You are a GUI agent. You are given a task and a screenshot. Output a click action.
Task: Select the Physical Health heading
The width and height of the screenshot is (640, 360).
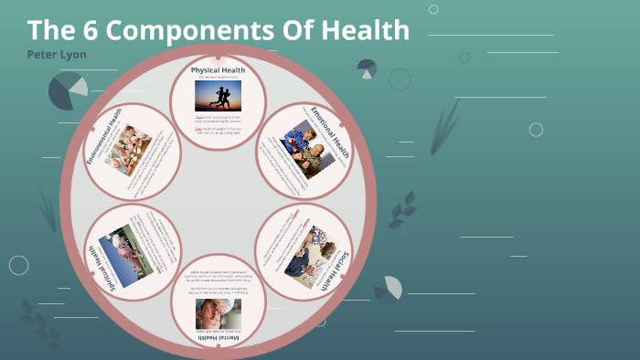coord(218,69)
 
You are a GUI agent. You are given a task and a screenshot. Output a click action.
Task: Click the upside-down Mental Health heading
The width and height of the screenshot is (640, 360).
coord(218,338)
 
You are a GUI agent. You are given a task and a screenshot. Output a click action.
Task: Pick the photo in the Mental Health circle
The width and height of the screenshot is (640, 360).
coord(219,313)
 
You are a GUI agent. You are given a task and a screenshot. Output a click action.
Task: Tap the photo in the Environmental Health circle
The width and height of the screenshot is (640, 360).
coord(128,148)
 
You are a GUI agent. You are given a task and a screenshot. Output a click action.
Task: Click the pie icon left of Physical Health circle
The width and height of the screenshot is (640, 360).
coord(67,90)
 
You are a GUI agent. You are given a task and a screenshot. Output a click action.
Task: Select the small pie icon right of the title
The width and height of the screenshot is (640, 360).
coord(368,69)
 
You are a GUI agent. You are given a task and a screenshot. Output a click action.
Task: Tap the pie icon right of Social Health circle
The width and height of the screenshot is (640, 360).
coord(389,289)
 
